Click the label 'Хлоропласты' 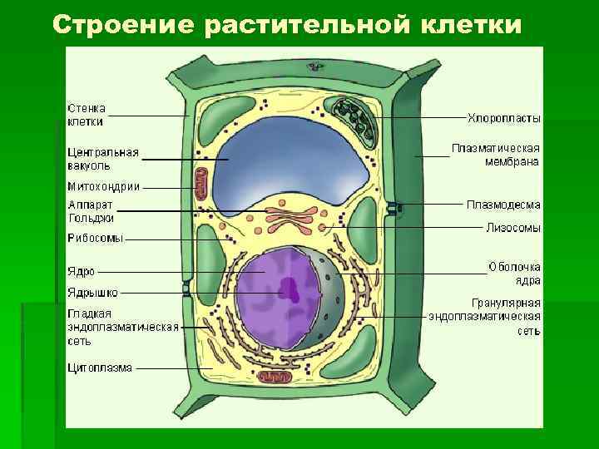point(504,118)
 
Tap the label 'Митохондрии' point(103,187)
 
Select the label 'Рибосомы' point(96,238)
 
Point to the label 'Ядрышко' point(92,292)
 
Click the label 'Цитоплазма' point(100,368)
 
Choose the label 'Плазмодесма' point(504,204)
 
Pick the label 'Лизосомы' point(513,227)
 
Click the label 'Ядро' point(82,271)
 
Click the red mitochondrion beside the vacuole point(201,184)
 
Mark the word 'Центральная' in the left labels point(102,153)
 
